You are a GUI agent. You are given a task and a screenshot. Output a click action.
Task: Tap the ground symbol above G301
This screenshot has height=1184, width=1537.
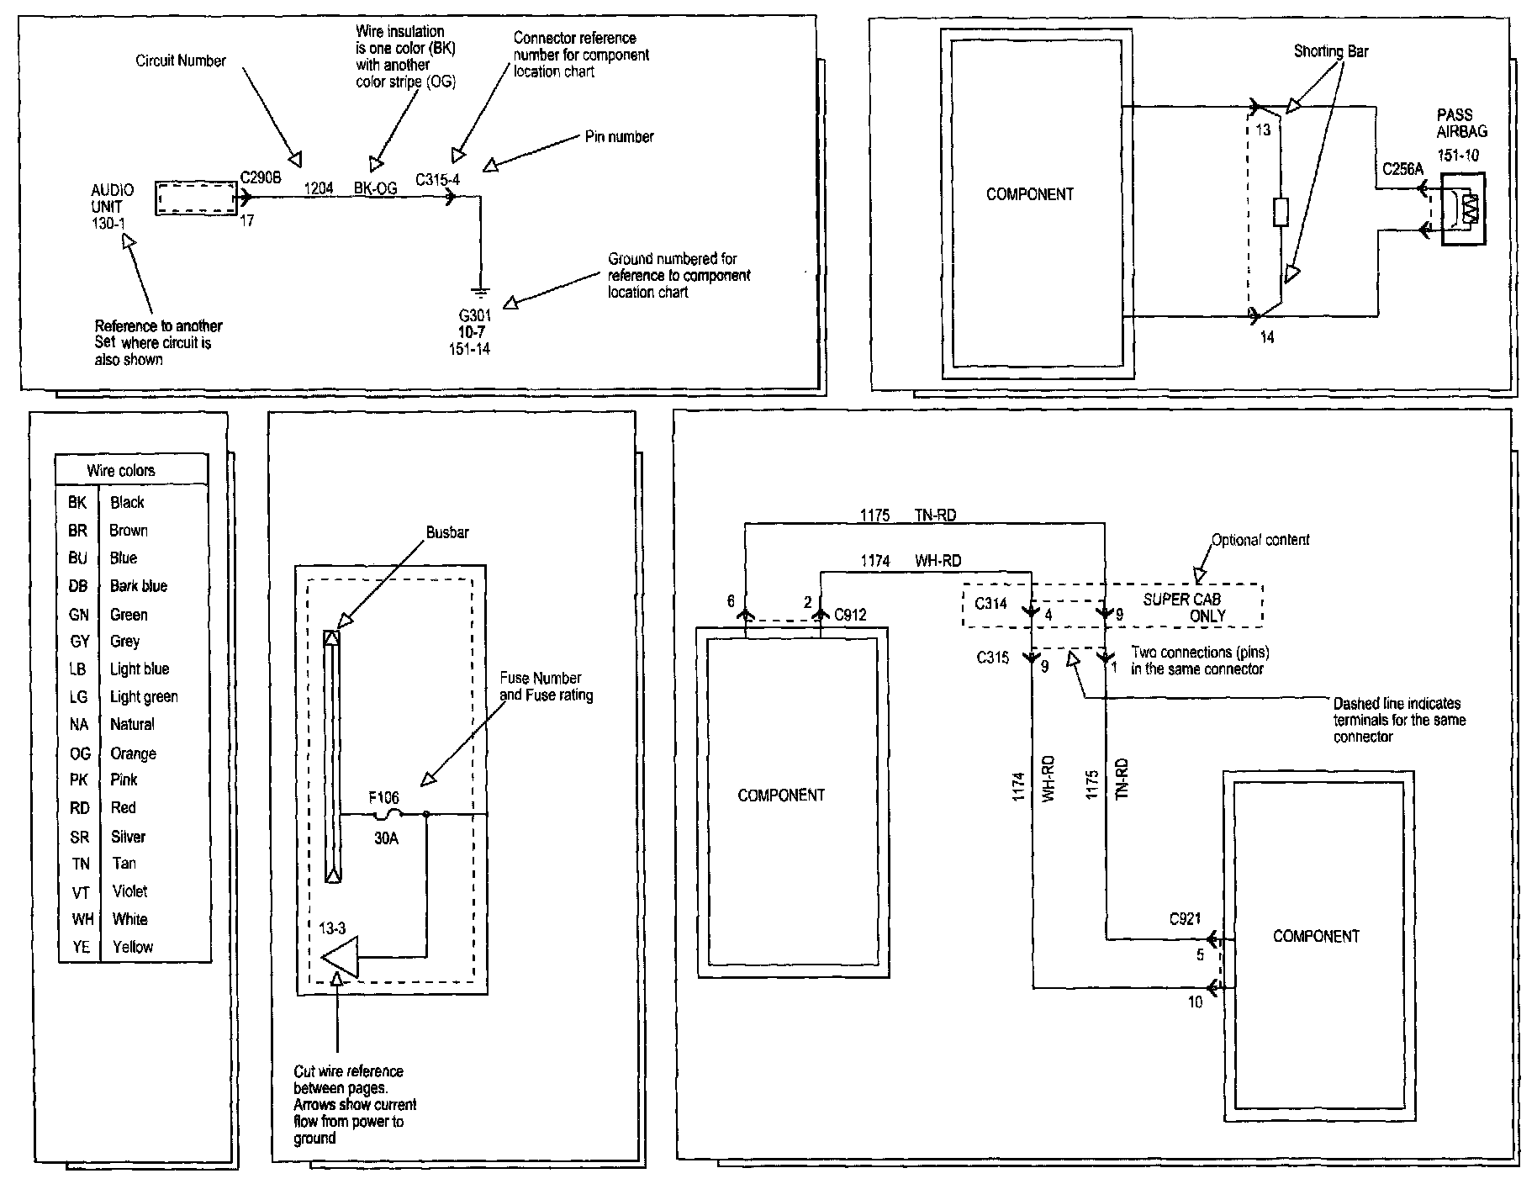pyautogui.click(x=480, y=292)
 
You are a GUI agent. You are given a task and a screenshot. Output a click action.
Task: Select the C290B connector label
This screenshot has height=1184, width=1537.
pyautogui.click(x=261, y=178)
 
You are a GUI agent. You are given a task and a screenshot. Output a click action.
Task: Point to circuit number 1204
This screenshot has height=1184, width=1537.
pyautogui.click(x=318, y=188)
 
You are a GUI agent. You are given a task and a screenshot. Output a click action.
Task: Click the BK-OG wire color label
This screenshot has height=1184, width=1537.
pyautogui.click(x=375, y=189)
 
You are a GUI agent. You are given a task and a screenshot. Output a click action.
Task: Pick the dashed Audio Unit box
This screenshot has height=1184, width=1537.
pyautogui.click(x=196, y=198)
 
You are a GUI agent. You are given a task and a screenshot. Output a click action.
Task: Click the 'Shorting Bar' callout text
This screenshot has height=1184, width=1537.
pyautogui.click(x=1330, y=51)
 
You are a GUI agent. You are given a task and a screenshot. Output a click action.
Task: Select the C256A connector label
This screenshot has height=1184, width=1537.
pyautogui.click(x=1402, y=170)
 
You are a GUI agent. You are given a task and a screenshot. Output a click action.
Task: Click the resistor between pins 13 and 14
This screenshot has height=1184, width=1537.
pyautogui.click(x=1281, y=213)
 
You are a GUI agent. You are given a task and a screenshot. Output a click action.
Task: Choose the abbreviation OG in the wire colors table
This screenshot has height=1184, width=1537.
pyautogui.click(x=80, y=753)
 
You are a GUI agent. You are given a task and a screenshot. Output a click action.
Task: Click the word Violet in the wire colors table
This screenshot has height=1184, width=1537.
pyautogui.click(x=129, y=891)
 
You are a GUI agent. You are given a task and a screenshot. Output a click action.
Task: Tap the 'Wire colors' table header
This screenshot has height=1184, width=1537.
pyautogui.click(x=121, y=471)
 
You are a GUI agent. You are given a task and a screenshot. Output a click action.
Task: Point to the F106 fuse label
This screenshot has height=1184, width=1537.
pyautogui.click(x=384, y=797)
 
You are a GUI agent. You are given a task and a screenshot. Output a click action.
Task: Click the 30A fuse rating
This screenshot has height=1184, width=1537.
pyautogui.click(x=386, y=838)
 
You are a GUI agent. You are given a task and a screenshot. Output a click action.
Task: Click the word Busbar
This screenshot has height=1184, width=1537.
pyautogui.click(x=447, y=532)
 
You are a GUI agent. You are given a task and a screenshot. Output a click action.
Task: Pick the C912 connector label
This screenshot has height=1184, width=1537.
pyautogui.click(x=850, y=615)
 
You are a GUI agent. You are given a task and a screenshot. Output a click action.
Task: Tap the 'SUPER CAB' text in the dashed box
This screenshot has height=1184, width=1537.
pyautogui.click(x=1181, y=600)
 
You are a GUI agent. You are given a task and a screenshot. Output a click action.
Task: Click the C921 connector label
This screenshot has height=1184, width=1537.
pyautogui.click(x=1185, y=919)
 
